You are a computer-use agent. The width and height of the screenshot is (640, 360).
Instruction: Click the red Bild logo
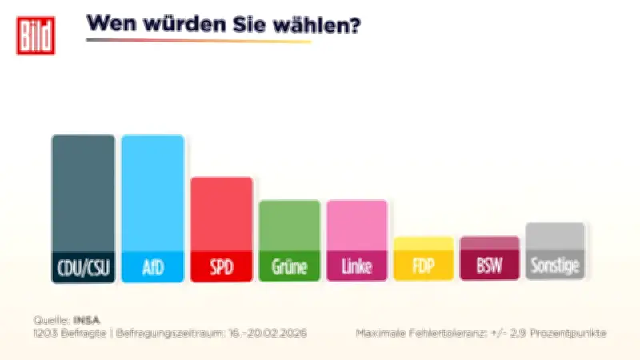coord(36,35)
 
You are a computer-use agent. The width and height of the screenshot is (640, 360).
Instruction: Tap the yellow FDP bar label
coord(423,266)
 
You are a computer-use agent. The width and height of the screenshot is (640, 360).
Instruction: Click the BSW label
coord(490,266)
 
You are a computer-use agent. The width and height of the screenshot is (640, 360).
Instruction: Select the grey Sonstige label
coord(555,266)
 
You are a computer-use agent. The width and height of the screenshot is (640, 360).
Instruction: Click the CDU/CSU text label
coord(83,266)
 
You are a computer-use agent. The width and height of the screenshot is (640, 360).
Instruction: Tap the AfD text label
coord(152,266)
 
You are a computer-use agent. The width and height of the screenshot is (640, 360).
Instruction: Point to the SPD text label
coord(222,266)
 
